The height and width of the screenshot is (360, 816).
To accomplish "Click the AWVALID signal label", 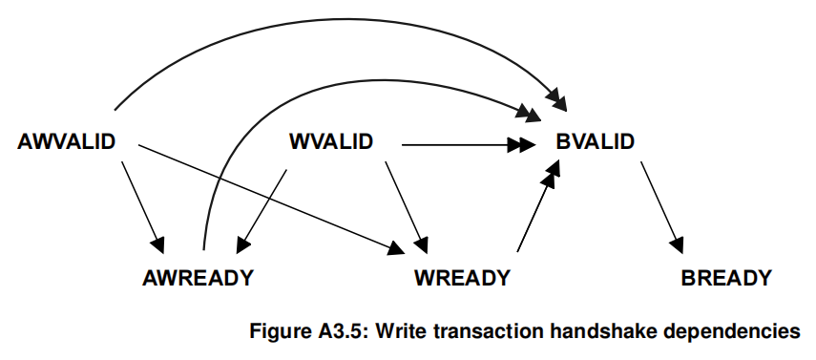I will pyautogui.click(x=67, y=142).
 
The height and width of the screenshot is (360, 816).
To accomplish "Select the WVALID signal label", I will pyautogui.click(x=330, y=142).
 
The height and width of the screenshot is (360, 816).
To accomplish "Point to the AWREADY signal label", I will pyautogui.click(x=198, y=279).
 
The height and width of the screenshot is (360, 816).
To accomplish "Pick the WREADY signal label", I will pyautogui.click(x=462, y=279).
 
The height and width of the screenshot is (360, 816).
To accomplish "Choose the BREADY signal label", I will pyautogui.click(x=725, y=279).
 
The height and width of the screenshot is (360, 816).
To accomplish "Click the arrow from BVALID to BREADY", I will pyautogui.click(x=661, y=205).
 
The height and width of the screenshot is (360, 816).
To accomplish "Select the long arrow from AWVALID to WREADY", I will pyautogui.click(x=267, y=196).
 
